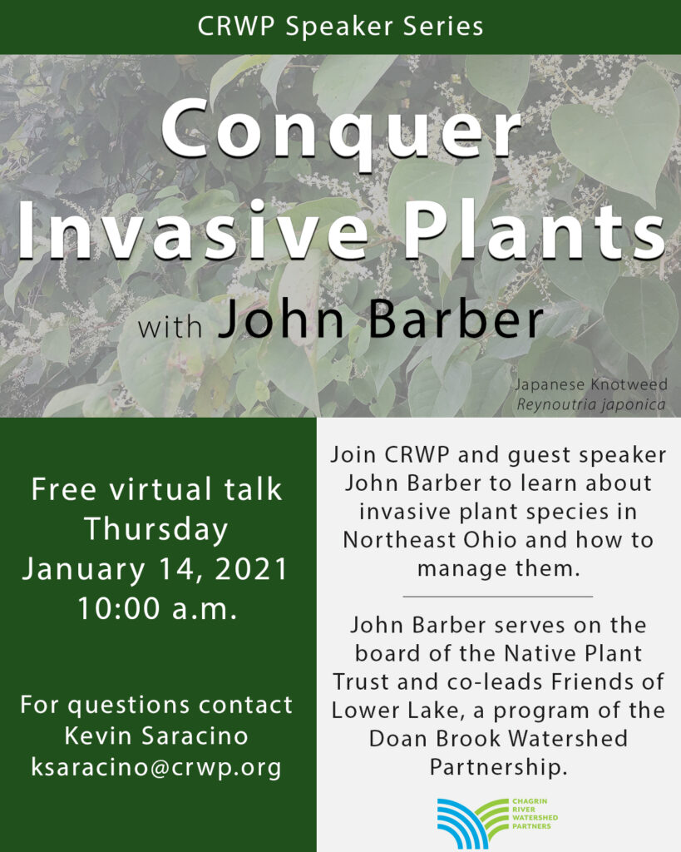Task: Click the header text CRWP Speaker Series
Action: point(341,27)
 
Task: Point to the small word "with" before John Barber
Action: point(170,327)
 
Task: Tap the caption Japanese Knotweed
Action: point(591,384)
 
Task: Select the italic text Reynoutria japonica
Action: point(591,405)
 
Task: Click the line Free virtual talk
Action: point(156,489)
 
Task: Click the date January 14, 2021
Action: point(155,569)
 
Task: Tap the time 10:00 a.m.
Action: point(157,608)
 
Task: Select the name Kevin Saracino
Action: point(156,736)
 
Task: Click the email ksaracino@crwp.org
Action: point(156,767)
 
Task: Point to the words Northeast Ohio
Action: point(430,539)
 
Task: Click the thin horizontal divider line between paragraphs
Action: point(497,597)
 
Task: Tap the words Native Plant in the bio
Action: point(573,653)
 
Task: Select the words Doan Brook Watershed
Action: point(498,739)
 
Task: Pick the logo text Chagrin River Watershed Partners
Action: point(535,814)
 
